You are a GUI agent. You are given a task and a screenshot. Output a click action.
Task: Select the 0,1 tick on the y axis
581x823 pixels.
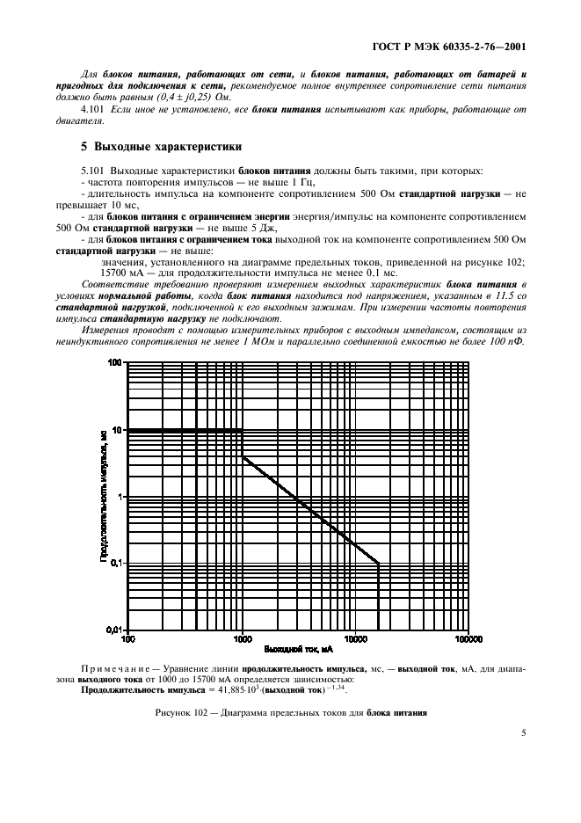tap(115, 564)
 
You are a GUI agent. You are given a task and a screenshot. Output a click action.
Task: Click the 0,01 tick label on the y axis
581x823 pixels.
tap(113, 630)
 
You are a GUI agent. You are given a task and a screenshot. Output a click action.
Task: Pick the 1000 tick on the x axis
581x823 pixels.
tap(241, 640)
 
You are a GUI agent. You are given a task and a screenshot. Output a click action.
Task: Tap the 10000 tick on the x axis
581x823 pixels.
tap(354, 640)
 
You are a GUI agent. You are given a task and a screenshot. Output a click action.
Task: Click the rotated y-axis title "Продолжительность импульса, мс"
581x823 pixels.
tap(102, 496)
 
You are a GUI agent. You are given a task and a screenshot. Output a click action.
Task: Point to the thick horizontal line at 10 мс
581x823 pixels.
tap(185, 430)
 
